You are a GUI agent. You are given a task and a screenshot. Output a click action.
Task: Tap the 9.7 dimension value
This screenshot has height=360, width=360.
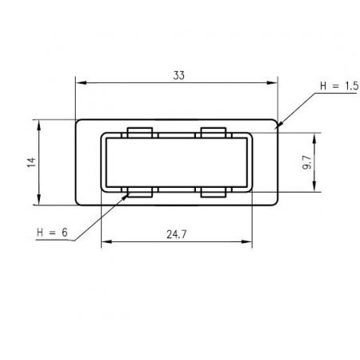point(307,163)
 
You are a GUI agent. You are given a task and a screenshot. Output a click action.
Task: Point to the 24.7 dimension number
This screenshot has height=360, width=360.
point(177,236)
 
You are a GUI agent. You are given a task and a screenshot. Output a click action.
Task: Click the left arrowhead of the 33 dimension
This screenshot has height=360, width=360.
point(79,81)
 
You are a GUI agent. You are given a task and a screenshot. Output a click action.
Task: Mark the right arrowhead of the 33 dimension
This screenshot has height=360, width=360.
point(276,81)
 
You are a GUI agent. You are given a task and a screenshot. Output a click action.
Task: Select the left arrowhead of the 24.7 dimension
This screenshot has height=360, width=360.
point(104,243)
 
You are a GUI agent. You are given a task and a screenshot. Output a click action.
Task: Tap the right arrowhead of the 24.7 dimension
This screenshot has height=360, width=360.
point(249,243)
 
